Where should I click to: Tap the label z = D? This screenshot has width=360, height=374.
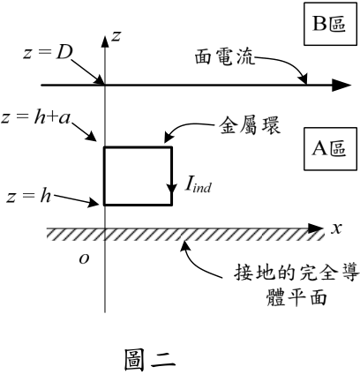tap(49, 53)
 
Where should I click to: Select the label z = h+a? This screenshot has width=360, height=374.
tap(36, 118)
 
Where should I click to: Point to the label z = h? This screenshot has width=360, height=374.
tap(29, 196)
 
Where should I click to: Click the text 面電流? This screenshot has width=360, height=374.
tap(225, 56)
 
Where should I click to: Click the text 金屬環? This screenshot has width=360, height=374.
tap(250, 126)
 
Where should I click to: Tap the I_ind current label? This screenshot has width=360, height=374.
tap(198, 185)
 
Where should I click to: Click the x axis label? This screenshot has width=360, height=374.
tap(337, 228)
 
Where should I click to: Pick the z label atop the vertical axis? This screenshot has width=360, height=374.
tap(116, 36)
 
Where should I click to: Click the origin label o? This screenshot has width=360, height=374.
tap(85, 258)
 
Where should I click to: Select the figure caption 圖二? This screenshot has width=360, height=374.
tap(149, 359)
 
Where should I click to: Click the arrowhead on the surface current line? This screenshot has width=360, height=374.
tap(341, 86)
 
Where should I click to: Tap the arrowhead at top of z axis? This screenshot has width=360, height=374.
tap(105, 41)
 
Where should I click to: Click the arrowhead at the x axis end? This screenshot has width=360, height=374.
tap(315, 228)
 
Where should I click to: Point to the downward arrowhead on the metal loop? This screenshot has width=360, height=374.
tap(171, 189)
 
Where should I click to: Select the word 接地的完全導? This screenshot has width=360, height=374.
tap(296, 273)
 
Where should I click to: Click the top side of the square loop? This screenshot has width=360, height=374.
tap(138, 147)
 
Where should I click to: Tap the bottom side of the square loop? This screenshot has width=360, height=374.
tap(138, 204)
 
